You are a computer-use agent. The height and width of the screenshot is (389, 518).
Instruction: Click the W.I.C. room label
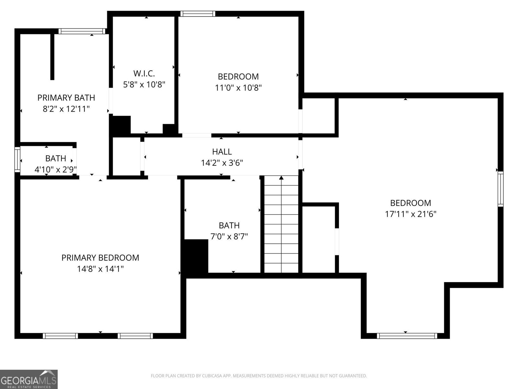(144, 73)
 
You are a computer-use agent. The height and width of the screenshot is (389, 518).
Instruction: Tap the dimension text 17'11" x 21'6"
(411, 214)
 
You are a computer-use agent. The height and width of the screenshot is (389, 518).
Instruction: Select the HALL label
(222, 151)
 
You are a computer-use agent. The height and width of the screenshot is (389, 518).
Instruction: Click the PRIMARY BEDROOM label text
(100, 258)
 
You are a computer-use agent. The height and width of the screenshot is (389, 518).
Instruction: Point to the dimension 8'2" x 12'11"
(66, 109)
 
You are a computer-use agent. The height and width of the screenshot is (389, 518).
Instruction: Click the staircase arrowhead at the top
(281, 178)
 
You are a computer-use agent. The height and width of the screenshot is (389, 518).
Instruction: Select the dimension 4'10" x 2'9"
(55, 170)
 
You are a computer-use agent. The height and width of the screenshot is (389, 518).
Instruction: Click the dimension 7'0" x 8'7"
(229, 236)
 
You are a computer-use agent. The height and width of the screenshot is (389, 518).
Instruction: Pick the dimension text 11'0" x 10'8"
(238, 88)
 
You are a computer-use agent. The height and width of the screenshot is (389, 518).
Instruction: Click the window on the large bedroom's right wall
(501, 189)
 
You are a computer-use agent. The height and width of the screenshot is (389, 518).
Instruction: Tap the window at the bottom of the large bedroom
(407, 336)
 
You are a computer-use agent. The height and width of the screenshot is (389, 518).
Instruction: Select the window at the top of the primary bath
(82, 31)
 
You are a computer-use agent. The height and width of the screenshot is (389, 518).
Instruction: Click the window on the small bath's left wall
(17, 159)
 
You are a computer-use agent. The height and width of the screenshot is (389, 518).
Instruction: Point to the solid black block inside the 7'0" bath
(196, 258)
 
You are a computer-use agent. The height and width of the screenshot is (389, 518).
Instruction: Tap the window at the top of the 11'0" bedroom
(197, 14)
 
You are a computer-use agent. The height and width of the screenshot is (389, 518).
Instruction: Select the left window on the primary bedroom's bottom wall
(60, 336)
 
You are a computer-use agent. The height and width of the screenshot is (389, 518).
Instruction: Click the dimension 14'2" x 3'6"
(222, 163)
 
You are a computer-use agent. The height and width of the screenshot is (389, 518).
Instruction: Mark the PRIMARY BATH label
(66, 98)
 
